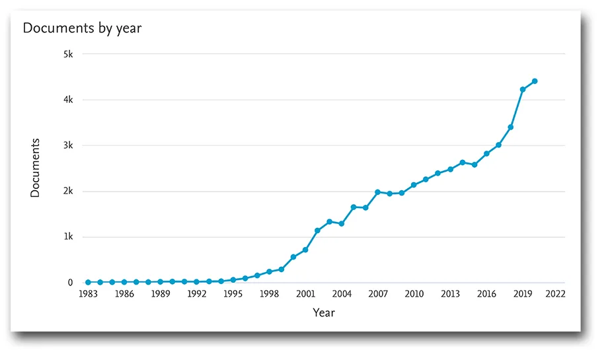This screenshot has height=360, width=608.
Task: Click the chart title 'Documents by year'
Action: coord(83,28)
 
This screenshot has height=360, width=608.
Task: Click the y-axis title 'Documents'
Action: coord(36,168)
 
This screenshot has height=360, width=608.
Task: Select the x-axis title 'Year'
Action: coord(324,312)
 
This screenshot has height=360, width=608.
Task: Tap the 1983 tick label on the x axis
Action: coord(87,294)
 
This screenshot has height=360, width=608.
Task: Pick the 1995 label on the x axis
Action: coord(233,294)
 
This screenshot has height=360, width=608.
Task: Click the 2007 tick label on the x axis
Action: coord(378,294)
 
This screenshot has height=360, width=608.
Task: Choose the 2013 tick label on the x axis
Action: coord(451,294)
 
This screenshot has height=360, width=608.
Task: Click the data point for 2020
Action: coord(535,81)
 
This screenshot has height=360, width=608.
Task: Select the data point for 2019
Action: coord(523,90)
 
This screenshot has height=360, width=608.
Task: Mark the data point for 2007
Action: coord(377,192)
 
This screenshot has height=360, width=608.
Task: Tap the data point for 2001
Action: coord(305,250)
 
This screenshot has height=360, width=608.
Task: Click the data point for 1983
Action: coord(88,282)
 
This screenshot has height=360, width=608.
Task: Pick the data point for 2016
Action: coord(486,153)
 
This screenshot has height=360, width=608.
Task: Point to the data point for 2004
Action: coord(341,224)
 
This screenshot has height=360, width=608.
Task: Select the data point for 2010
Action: coord(414,185)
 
